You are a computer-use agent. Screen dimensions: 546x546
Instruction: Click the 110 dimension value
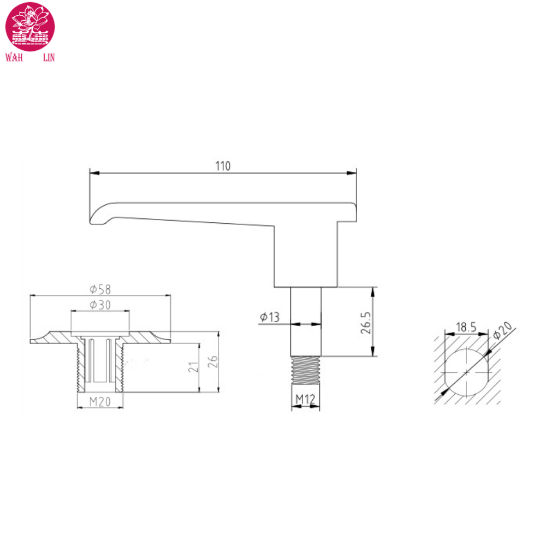(223, 166)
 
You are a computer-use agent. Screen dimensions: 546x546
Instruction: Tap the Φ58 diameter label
(100, 289)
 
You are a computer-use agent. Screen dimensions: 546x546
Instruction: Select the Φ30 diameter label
(100, 305)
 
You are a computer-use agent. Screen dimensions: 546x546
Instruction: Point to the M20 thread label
(100, 402)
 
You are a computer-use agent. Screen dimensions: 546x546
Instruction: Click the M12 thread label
(306, 400)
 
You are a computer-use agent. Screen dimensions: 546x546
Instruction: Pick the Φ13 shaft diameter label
(270, 317)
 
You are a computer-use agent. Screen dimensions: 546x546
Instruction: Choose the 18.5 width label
(465, 328)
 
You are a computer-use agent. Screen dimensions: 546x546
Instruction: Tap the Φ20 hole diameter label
(502, 331)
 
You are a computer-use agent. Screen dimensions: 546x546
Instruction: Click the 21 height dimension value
(193, 367)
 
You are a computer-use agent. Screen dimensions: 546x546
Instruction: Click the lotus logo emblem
(30, 26)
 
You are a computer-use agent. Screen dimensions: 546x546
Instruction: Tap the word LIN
(49, 57)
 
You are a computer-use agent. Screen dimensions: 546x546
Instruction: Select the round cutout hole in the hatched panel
(466, 371)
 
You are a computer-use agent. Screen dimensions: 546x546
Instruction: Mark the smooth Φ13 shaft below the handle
(306, 322)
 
